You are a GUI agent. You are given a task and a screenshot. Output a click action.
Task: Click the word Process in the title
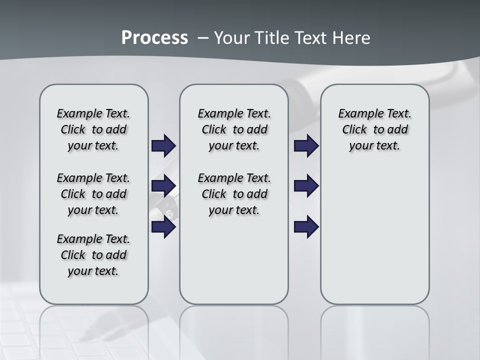(x=154, y=38)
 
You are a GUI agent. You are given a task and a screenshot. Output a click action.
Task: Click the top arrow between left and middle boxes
(x=163, y=145)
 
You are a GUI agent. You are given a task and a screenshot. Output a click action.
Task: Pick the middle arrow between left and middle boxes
(x=163, y=186)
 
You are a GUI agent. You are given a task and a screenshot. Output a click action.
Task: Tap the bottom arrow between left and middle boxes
(x=163, y=227)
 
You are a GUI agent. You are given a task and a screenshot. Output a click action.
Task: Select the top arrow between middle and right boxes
(x=306, y=145)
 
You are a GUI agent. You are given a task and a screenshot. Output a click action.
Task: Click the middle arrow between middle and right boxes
(x=306, y=186)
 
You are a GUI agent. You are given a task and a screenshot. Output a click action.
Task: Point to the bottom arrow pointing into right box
(x=306, y=227)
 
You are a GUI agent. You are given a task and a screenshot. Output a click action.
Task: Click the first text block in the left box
(x=93, y=129)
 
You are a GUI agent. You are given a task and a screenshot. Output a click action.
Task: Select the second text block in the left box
(x=93, y=194)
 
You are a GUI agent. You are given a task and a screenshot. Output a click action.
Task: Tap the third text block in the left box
(x=93, y=255)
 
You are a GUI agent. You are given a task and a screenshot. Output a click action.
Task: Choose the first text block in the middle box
(x=234, y=129)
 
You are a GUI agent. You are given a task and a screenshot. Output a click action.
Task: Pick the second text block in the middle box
(x=234, y=194)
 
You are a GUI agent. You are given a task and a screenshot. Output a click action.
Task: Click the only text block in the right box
(x=374, y=129)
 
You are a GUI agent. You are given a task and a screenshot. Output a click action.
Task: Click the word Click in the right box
(x=354, y=130)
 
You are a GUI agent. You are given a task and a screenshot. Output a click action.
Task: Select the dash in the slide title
(x=203, y=38)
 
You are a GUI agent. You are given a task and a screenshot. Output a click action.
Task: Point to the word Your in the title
(x=232, y=38)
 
